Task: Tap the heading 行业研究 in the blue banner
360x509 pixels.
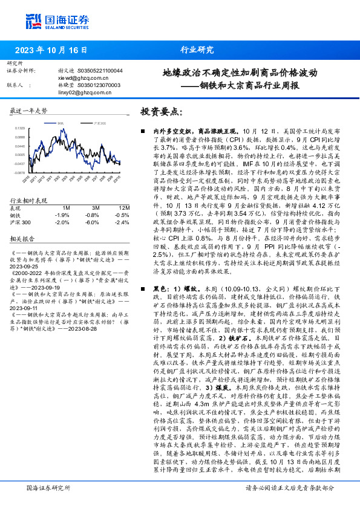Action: click(x=197, y=50)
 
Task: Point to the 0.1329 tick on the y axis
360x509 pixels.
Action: click(x=21, y=129)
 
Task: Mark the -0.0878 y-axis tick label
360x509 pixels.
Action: click(x=20, y=172)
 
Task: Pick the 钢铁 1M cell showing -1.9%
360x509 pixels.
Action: click(x=62, y=215)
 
